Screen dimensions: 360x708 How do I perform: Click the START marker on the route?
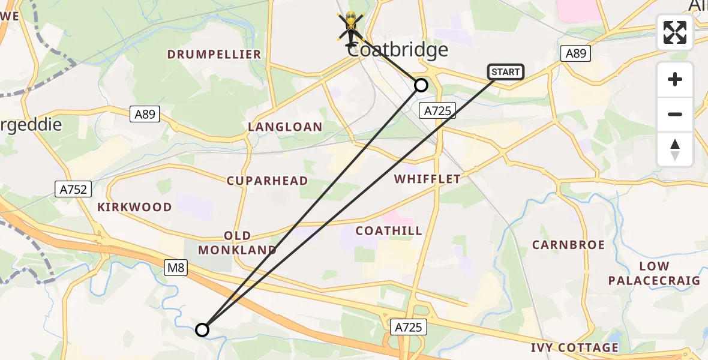click(x=505, y=72)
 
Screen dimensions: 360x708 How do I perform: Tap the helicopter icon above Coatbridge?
click(x=351, y=28)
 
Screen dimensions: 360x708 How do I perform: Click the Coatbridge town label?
click(x=398, y=50)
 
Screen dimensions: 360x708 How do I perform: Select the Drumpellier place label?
click(x=214, y=55)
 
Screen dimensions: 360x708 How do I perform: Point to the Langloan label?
click(x=285, y=127)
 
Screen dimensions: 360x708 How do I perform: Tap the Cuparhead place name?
click(x=267, y=181)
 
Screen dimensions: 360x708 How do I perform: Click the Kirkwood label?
click(x=134, y=207)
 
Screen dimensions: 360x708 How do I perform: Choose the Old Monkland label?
click(x=238, y=243)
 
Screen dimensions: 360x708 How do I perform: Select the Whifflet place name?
click(x=427, y=179)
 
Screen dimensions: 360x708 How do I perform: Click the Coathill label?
click(x=389, y=231)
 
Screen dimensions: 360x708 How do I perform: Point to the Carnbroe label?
click(x=568, y=245)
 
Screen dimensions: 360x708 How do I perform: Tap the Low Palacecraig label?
click(x=654, y=273)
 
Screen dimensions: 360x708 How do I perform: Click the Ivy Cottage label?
click(x=574, y=348)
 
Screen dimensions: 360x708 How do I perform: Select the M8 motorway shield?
click(x=176, y=268)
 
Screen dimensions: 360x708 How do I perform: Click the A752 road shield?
click(x=74, y=190)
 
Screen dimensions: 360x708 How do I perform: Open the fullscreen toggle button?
click(x=675, y=32)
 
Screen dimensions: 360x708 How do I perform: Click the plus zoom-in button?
click(x=675, y=79)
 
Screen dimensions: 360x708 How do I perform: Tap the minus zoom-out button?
click(x=675, y=114)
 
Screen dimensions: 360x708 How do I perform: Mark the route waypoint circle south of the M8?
click(x=202, y=329)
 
